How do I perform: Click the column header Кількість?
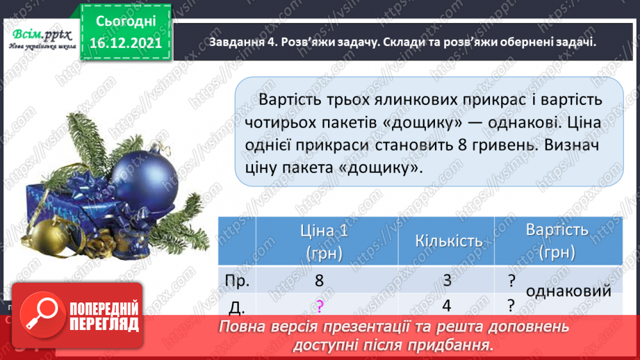[448, 240]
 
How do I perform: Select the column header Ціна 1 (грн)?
[326, 241]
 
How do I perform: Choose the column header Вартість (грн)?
[557, 240]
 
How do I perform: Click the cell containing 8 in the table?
[319, 281]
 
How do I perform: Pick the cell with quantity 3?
[448, 281]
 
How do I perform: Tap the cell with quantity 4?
[448, 305]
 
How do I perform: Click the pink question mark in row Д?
[319, 305]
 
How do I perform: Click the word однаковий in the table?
[568, 291]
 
